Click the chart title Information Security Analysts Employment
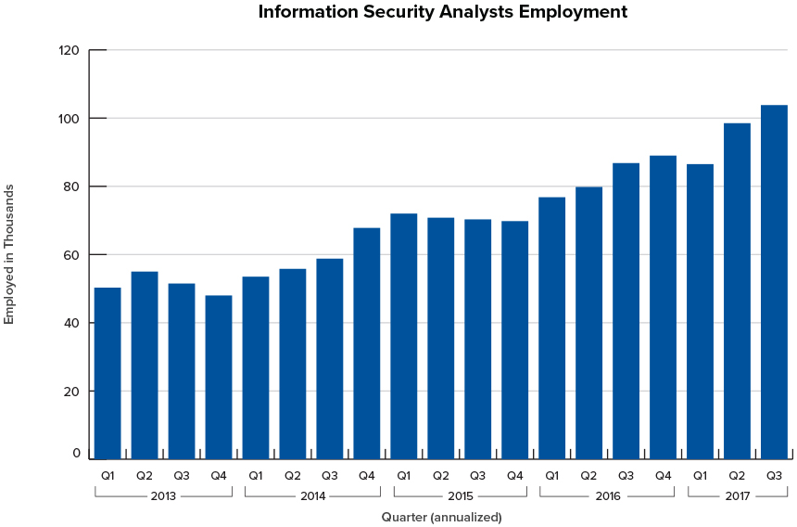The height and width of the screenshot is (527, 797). (x=442, y=12)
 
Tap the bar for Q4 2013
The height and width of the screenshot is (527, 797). (x=219, y=377)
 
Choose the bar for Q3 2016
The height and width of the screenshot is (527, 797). (x=626, y=311)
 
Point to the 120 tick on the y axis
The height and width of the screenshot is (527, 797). (x=70, y=50)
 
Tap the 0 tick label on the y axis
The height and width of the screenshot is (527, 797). (x=77, y=454)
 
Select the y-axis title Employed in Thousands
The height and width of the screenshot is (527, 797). (x=10, y=254)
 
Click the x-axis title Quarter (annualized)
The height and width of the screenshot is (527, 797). (x=442, y=517)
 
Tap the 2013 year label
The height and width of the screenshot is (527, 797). (x=164, y=496)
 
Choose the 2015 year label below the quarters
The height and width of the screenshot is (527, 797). (x=461, y=496)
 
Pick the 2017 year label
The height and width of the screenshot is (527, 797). (x=738, y=496)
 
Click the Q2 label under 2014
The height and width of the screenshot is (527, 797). (x=293, y=476)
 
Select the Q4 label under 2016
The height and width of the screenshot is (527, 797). (x=664, y=476)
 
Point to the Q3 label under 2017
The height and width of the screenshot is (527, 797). (x=774, y=476)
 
